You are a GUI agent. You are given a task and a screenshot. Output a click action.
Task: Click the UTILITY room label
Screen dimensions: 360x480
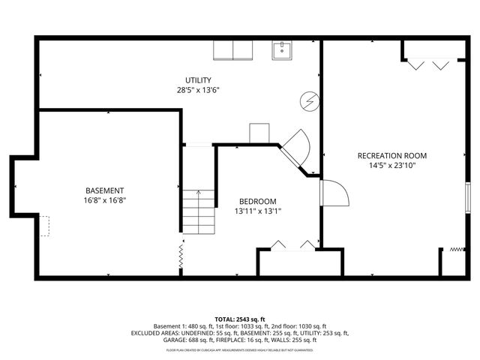coord(199,80)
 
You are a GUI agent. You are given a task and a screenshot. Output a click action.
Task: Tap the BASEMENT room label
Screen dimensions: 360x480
coord(104,190)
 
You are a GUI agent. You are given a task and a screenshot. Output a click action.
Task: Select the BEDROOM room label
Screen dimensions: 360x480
coord(258,201)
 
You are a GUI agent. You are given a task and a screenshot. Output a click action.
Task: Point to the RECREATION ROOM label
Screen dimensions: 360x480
coord(391,155)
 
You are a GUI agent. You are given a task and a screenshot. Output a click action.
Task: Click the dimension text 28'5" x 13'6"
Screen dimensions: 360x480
coord(199,90)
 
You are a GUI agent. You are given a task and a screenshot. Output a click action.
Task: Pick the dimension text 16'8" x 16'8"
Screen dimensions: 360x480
coord(104,200)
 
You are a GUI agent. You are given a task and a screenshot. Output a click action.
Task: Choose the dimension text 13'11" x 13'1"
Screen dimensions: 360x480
coord(258,211)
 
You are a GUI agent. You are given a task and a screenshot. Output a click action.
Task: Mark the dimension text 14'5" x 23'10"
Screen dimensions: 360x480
coord(391,165)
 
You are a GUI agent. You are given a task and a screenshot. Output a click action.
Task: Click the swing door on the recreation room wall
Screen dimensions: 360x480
coord(334,193)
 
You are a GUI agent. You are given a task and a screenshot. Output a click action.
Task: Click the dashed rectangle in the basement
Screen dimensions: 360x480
coord(45,226)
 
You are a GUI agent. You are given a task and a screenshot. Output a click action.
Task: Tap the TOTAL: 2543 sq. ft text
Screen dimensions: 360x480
coord(240,319)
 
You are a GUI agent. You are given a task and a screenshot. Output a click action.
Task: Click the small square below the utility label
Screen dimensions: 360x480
coord(259,132)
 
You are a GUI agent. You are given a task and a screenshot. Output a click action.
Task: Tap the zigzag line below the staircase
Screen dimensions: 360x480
coord(181,255)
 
